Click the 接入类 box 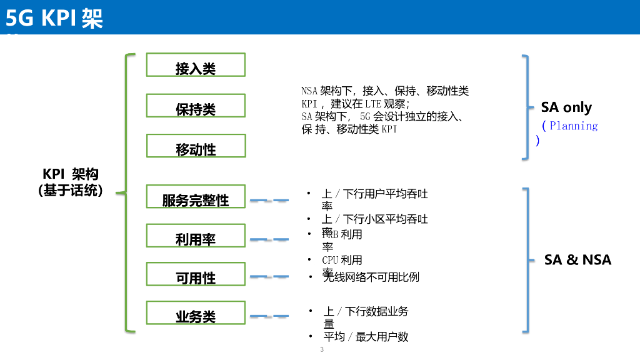point(196,65)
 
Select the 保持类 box point(196,106)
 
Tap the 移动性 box point(196,146)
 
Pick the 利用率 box point(196,236)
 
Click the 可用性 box point(196,274)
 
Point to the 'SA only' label point(566,107)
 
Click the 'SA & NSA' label point(577,260)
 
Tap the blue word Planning point(574,126)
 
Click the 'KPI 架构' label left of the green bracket point(71,174)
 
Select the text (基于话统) point(71,191)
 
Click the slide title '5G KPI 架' point(54,19)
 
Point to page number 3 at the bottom point(322,349)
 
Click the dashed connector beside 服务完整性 point(269,201)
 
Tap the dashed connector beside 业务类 point(269,317)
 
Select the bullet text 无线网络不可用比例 point(371,277)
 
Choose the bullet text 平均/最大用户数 point(366,337)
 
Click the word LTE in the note point(374,104)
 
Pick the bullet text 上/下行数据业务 point(366,311)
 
